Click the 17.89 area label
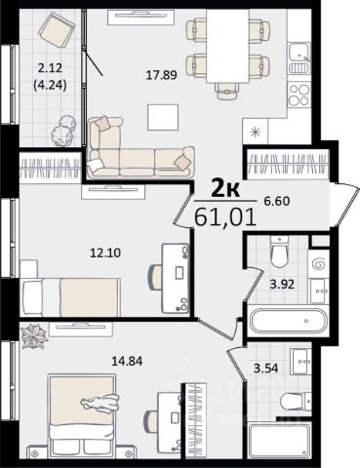pos(162,75)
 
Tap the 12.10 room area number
pos(105,253)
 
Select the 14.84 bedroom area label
pos(127,361)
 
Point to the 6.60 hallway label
pos(276,202)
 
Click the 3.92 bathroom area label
pos(283,285)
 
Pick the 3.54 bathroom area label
pos(266,369)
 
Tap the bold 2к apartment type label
pos(225,189)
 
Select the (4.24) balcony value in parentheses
pos(50,86)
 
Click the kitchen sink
pos(300,58)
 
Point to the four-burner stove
pos(300,95)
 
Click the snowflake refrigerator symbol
pos(256,132)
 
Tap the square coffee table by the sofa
pos(163,117)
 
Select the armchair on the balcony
pos(57,29)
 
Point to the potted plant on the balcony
pos(63,131)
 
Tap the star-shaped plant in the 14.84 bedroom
pos(34,336)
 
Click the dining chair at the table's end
pos(227,90)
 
